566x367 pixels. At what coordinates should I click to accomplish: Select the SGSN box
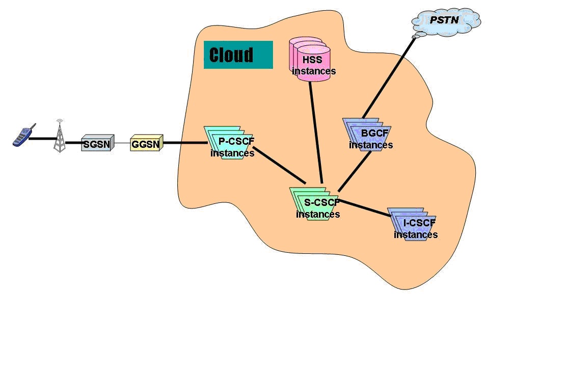point(97,144)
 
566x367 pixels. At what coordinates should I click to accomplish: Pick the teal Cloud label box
point(238,55)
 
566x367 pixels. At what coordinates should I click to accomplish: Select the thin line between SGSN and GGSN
point(122,144)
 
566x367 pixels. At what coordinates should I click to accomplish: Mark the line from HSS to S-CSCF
point(316,133)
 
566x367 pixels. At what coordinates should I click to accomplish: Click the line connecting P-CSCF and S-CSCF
point(279,166)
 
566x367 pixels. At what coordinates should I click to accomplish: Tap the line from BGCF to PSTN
point(390,76)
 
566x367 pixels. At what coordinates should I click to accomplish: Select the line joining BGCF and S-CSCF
point(355,171)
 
